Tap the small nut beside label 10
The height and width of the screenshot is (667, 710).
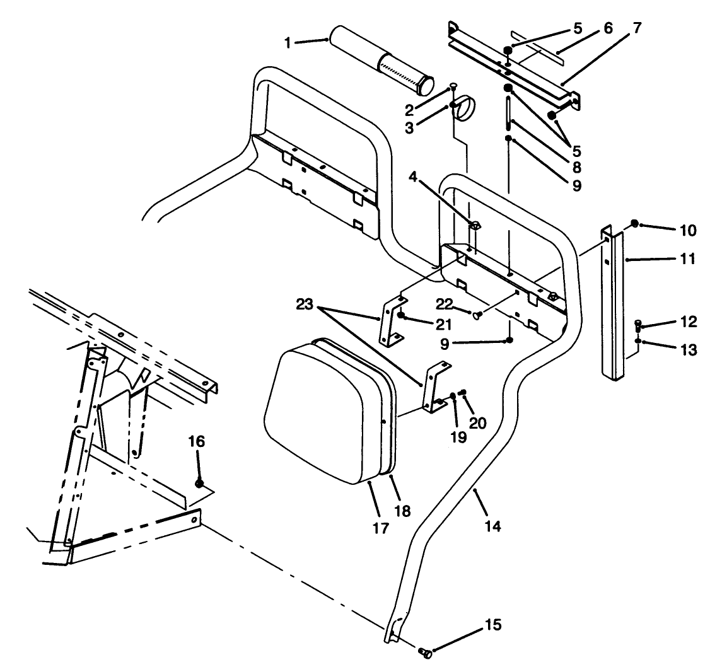(636, 223)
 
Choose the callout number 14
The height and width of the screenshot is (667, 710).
(493, 526)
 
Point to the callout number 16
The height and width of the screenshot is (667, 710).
(197, 441)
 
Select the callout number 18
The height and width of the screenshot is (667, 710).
(402, 511)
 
